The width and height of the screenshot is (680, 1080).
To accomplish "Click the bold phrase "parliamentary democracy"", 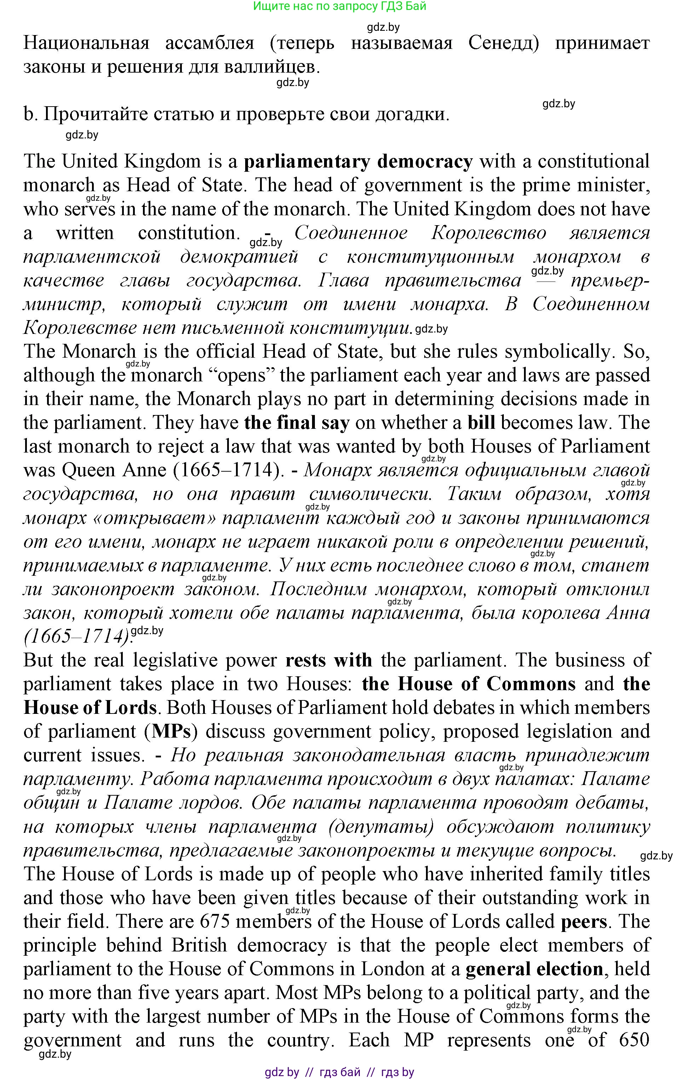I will tap(358, 161).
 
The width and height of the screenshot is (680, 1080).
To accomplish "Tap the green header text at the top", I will tap(339, 6).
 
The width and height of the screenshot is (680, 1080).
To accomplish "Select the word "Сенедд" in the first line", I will tap(503, 44).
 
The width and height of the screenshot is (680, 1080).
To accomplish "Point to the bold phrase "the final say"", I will tap(296, 423).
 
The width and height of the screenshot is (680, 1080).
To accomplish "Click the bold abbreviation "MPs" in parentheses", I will tap(172, 732).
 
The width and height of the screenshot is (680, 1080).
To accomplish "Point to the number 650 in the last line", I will tap(634, 1040).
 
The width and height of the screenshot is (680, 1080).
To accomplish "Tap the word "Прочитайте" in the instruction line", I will tap(96, 114).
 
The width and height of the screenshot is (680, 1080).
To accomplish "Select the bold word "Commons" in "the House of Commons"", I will tap(531, 684).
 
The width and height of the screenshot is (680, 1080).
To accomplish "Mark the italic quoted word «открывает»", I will tap(154, 518).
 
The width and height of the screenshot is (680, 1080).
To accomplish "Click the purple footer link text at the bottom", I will tap(339, 1072).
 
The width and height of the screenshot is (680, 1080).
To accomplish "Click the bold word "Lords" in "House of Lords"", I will tap(131, 708).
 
